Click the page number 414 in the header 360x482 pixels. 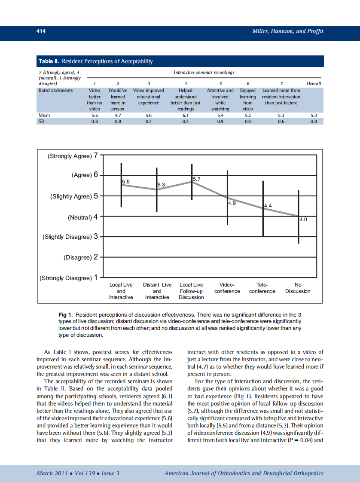[x=41, y=31]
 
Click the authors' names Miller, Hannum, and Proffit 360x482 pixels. [x=287, y=31]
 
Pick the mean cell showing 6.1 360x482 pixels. [x=185, y=116]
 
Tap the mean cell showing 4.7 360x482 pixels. [x=117, y=116]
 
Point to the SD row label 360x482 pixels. [x=42, y=121]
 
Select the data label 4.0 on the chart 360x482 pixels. [x=303, y=220]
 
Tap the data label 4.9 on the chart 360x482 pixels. [x=232, y=203]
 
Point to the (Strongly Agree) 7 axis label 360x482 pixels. [x=73, y=156]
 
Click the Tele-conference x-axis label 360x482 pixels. [x=262, y=288]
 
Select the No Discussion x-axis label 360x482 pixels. [x=298, y=288]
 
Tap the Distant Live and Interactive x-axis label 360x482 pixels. [x=157, y=291]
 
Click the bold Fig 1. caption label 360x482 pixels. [x=66, y=315]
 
